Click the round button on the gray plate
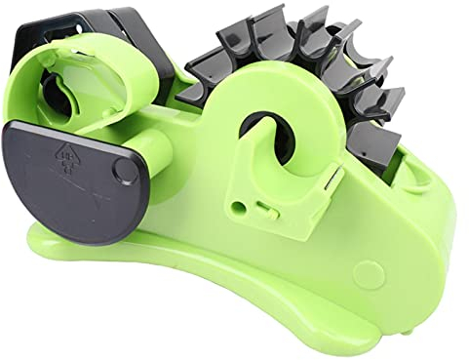(x=125, y=170)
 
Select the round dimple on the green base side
(x=366, y=271)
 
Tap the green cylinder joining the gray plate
(x=146, y=156)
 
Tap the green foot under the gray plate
(x=59, y=234)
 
